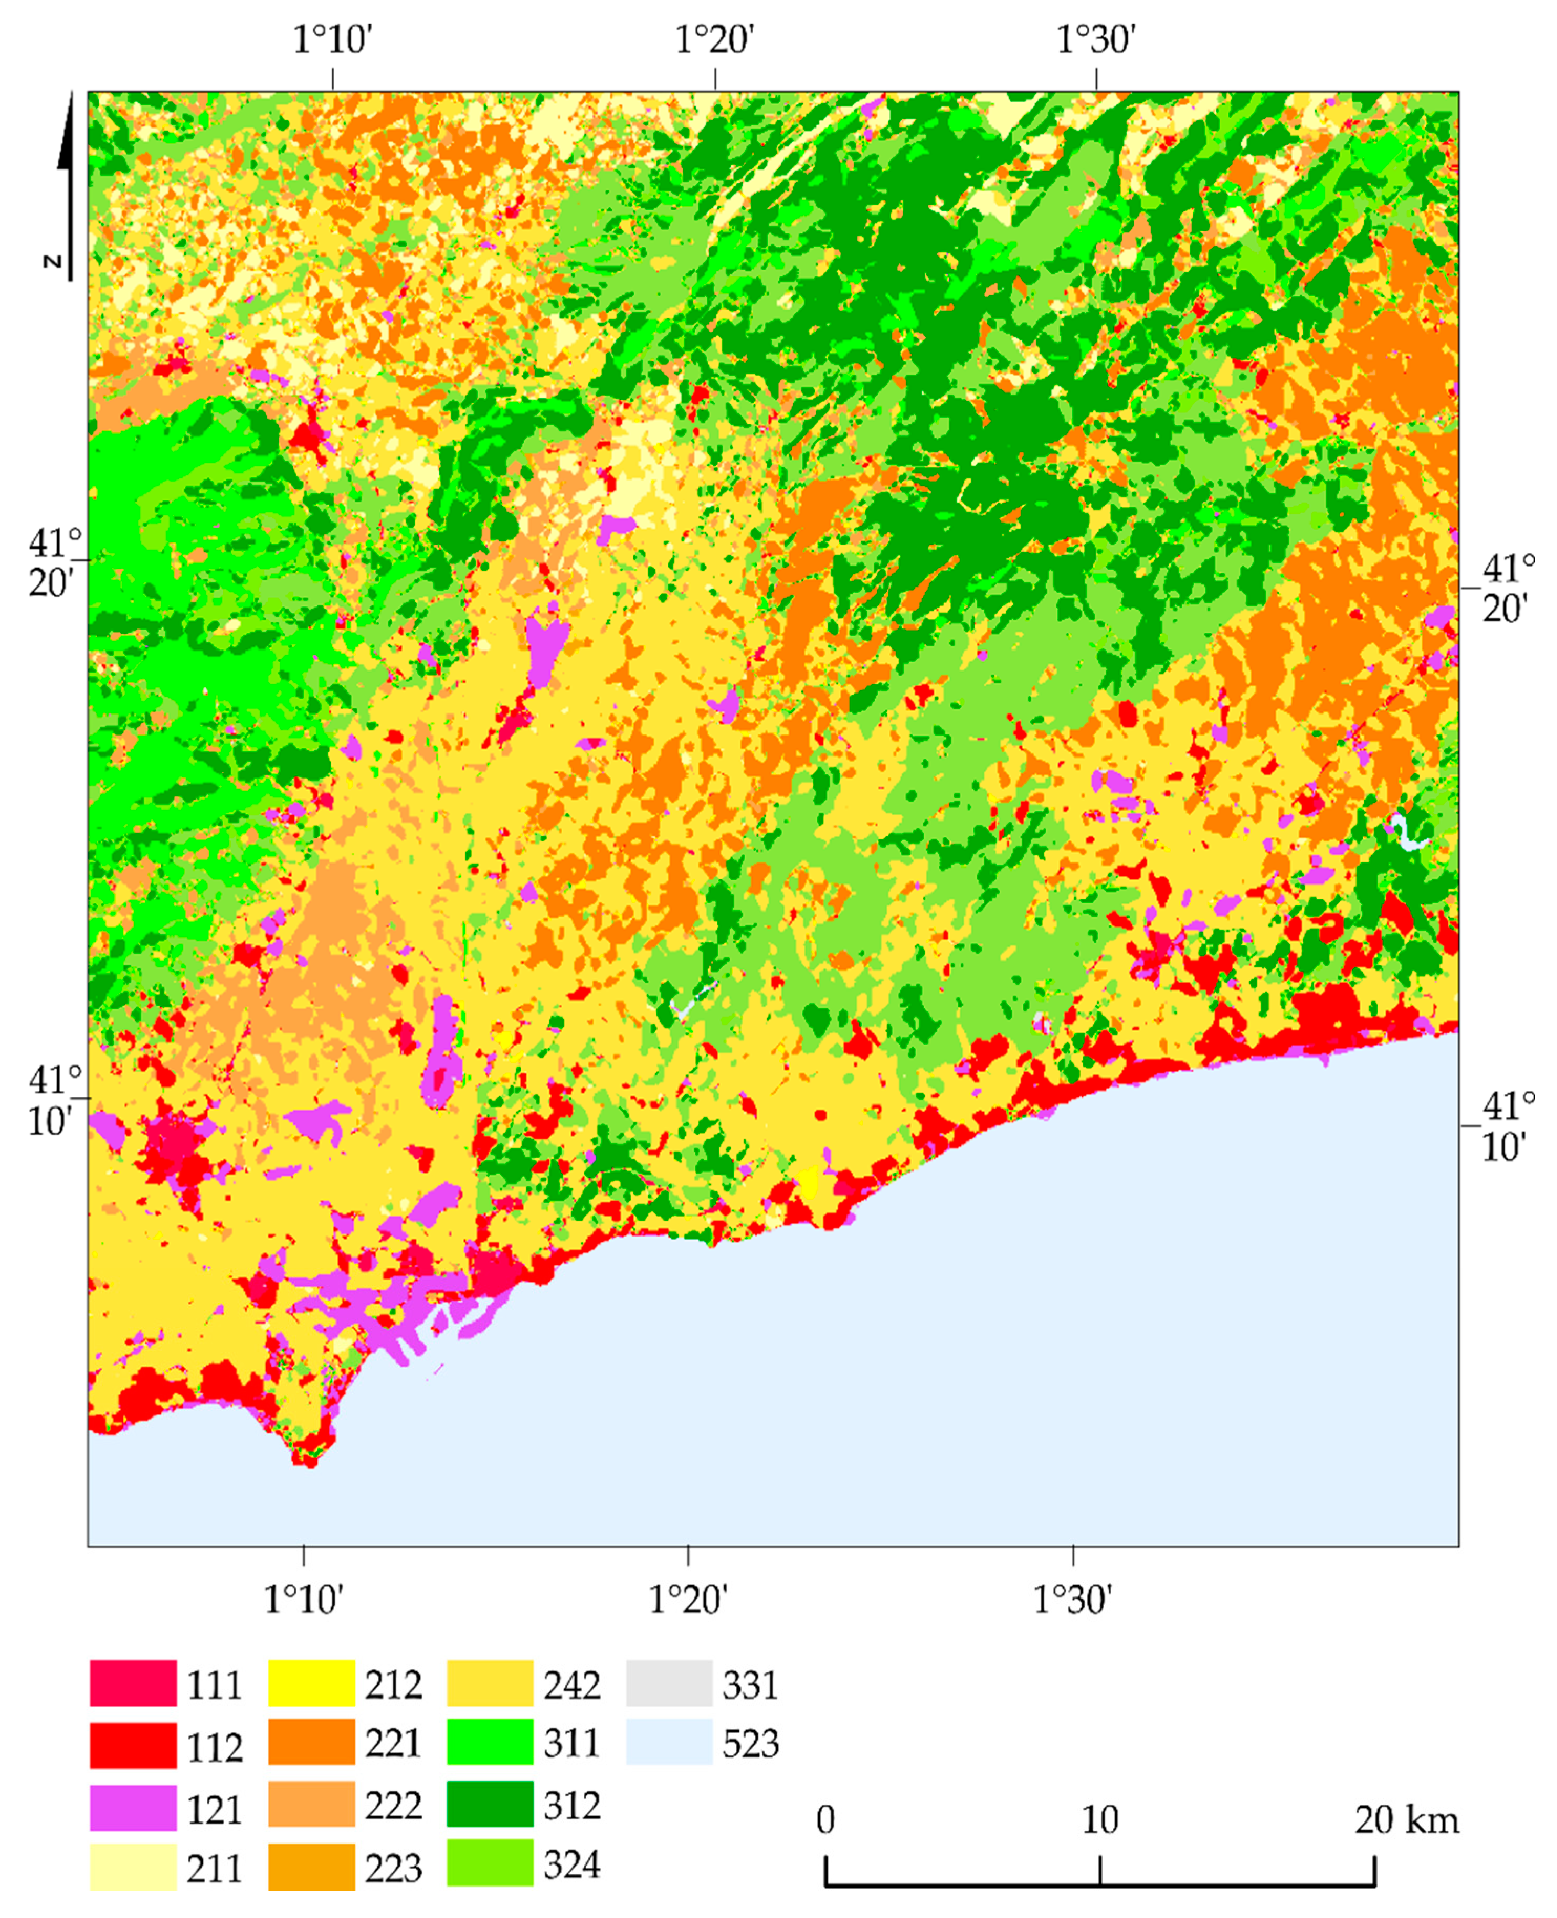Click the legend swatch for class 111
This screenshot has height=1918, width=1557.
click(133, 1683)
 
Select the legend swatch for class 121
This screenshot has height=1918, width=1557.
click(133, 1808)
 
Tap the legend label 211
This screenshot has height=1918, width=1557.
click(214, 1870)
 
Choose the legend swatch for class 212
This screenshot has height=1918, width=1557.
click(311, 1683)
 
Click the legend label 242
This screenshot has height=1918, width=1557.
click(571, 1685)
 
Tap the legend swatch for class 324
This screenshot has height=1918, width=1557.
click(490, 1865)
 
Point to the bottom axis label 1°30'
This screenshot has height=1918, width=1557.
click(1073, 1599)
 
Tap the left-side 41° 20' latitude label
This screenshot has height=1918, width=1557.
click(54, 563)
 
